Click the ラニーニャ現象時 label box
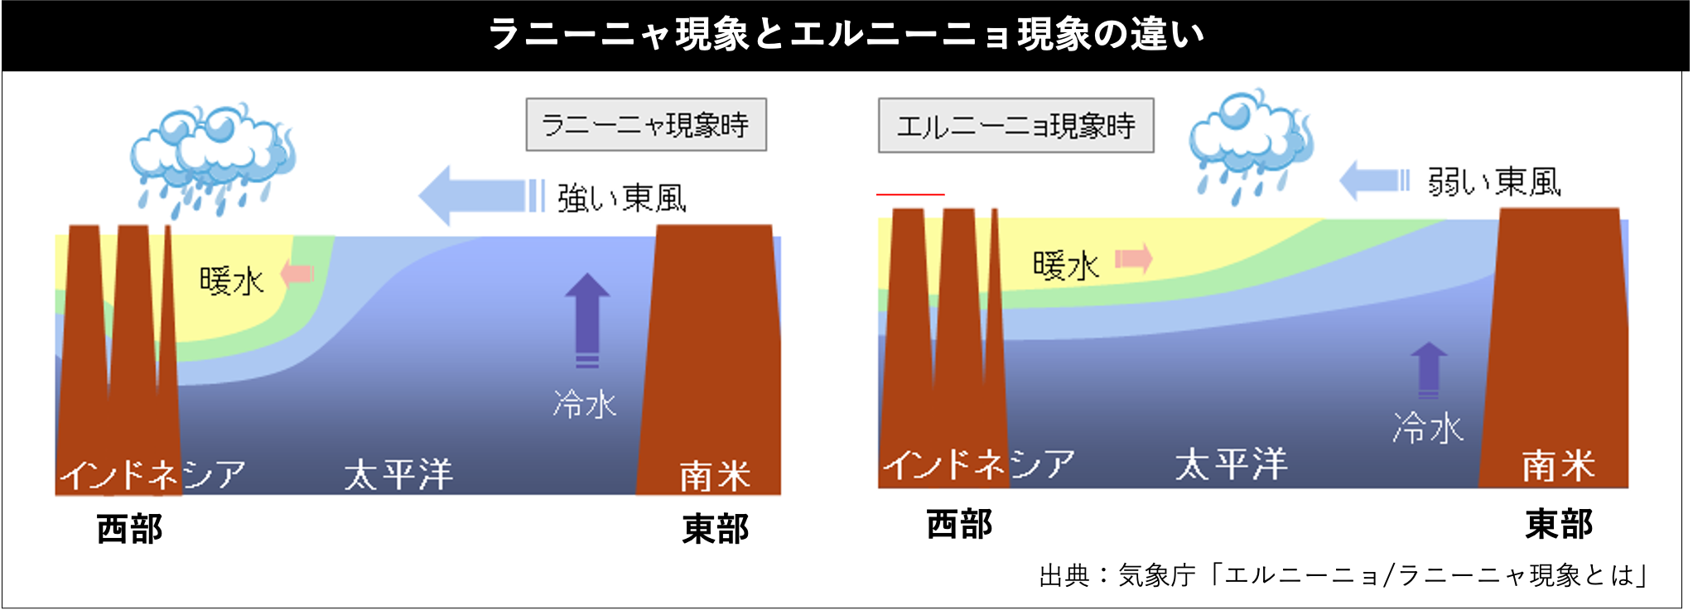coord(646,125)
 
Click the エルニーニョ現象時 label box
coord(1015,126)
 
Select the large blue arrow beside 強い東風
coord(481,195)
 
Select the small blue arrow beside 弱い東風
coord(1373,180)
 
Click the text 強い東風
coord(621,199)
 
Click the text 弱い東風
coord(1493,182)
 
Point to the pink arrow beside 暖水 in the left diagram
coord(297,273)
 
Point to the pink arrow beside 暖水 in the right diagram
coord(1134,258)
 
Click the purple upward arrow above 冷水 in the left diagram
coord(587,319)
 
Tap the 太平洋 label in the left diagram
coord(398,474)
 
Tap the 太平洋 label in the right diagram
coord(1231,464)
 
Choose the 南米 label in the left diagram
coord(714,476)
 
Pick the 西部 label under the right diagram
coord(959,524)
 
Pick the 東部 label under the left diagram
coord(715,529)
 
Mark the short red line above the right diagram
coord(910,195)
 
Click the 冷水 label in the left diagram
coord(585,404)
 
